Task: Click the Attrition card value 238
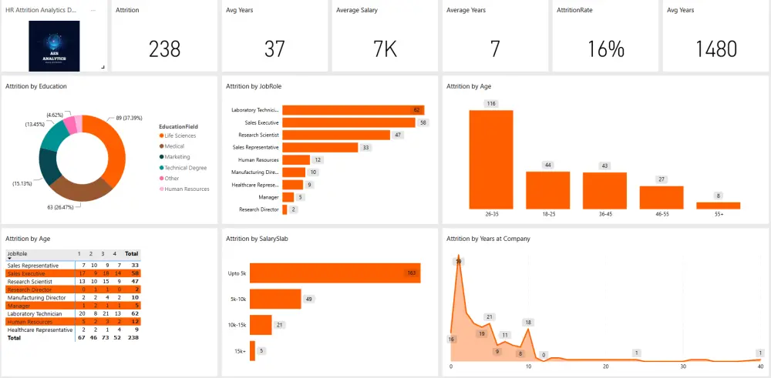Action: pyautogui.click(x=165, y=49)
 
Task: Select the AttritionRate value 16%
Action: pyautogui.click(x=605, y=49)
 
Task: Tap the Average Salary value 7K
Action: pyautogui.click(x=385, y=49)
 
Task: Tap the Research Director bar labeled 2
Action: pyautogui.click(x=284, y=209)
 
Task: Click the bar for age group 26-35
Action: pyautogui.click(x=491, y=159)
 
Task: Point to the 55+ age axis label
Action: pyautogui.click(x=718, y=214)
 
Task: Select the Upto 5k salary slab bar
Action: pyautogui.click(x=335, y=273)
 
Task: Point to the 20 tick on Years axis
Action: pyautogui.click(x=606, y=366)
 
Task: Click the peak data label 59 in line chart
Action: pyautogui.click(x=458, y=262)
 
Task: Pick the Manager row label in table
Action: pyautogui.click(x=19, y=306)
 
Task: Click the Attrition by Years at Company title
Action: pyautogui.click(x=488, y=239)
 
